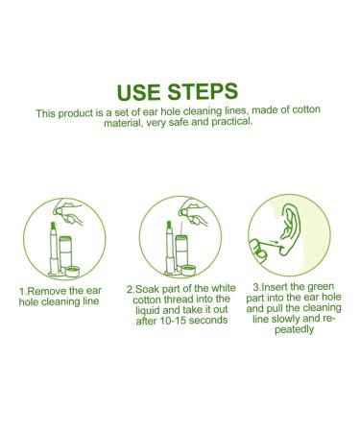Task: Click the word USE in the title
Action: click(x=144, y=92)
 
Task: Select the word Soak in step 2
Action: click(x=148, y=288)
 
